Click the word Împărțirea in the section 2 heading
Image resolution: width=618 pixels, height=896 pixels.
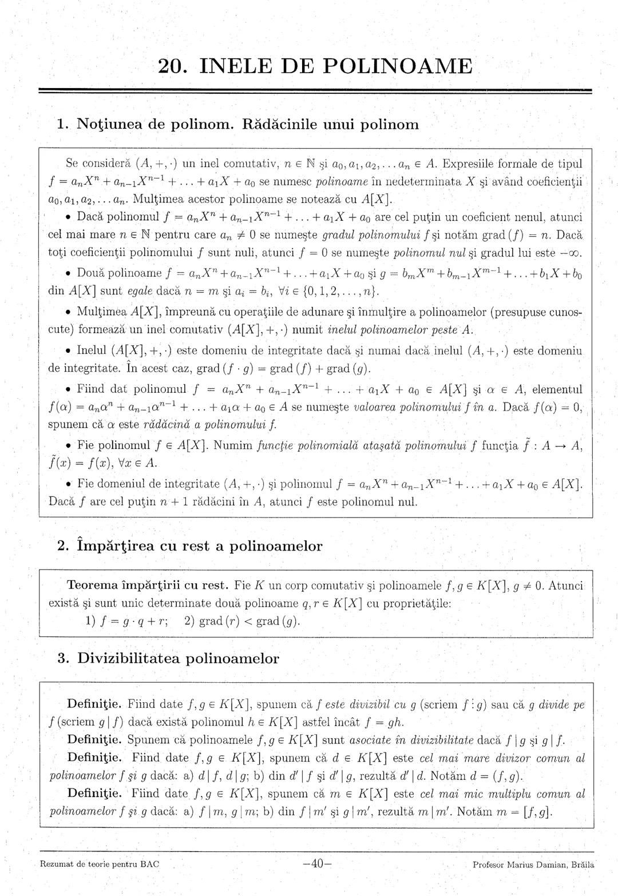(117, 545)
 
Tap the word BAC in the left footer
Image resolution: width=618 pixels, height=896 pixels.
(150, 865)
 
